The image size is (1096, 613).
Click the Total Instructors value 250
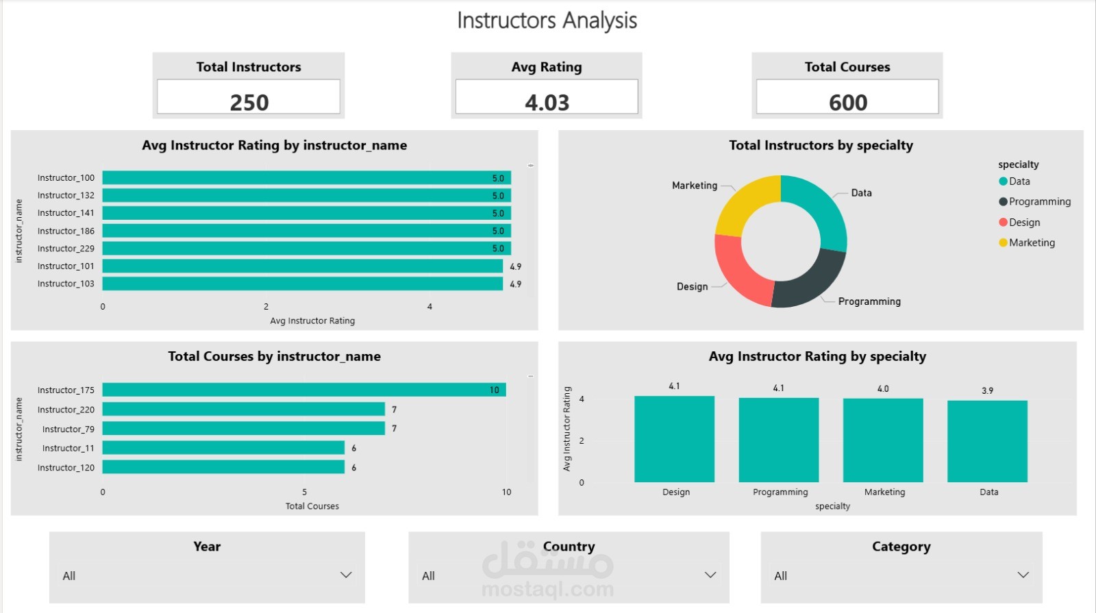[249, 102]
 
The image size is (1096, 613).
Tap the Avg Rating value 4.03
[547, 102]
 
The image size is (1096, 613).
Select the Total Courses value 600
[848, 102]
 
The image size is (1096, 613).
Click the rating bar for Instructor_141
[307, 213]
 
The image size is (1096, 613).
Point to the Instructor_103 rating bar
[302, 284]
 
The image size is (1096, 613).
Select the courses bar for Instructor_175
[304, 390]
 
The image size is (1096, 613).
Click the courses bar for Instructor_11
[223, 448]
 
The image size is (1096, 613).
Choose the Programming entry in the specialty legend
[1034, 201]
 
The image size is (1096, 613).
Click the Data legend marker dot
[1003, 182]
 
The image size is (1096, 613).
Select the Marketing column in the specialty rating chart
[883, 440]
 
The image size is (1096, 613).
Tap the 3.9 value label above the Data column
[987, 390]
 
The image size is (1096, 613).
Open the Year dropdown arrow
[346, 575]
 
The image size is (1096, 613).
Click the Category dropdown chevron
[1023, 575]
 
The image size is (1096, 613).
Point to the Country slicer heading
[569, 546]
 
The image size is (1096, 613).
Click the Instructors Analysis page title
[547, 21]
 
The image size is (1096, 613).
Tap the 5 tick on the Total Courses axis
[304, 492]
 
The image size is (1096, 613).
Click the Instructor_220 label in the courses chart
[66, 410]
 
